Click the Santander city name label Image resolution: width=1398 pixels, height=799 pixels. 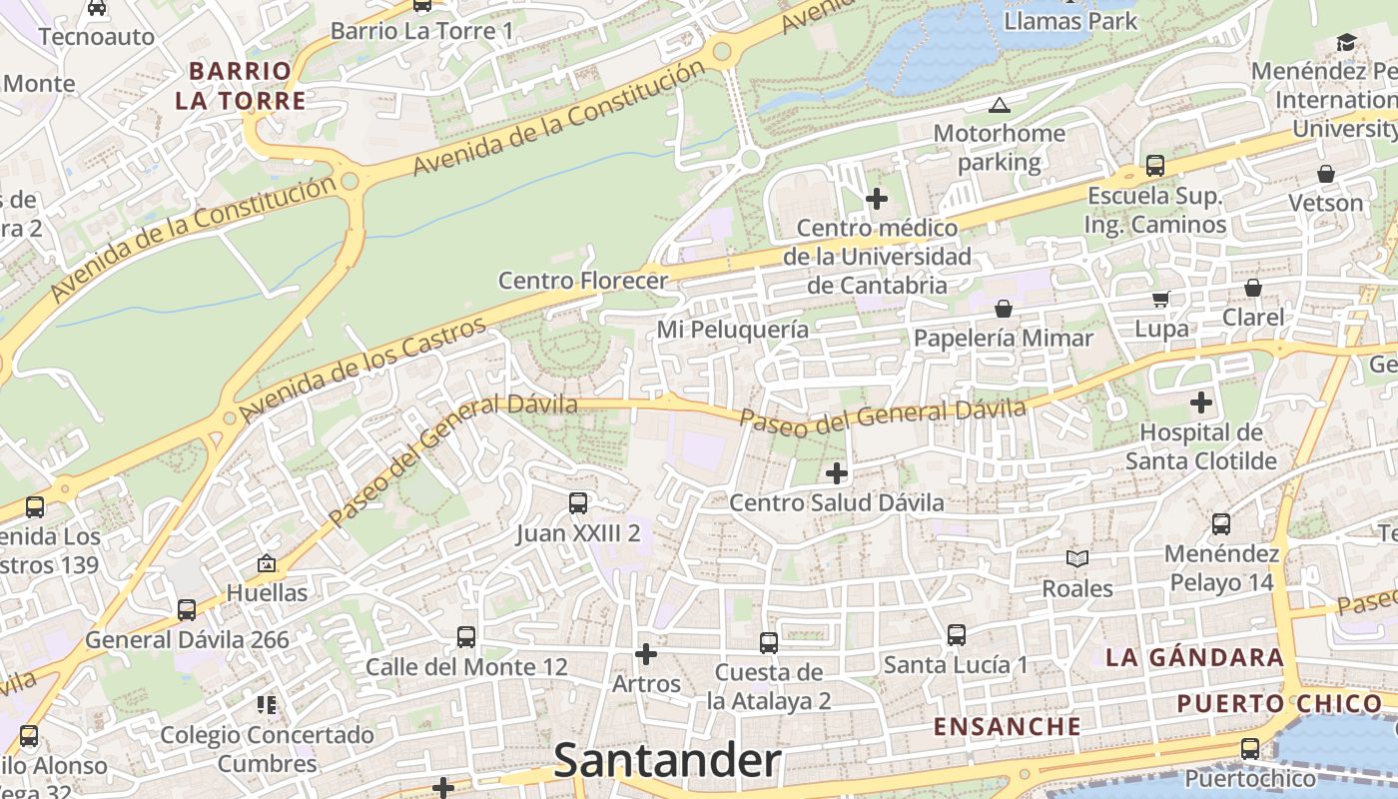(667, 761)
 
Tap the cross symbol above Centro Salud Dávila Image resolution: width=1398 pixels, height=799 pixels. (837, 472)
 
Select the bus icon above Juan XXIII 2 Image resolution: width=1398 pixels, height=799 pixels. (578, 502)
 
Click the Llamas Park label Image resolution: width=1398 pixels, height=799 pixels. (1070, 20)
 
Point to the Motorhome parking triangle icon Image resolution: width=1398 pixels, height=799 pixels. (999, 105)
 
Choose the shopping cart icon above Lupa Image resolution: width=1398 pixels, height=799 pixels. (1161, 299)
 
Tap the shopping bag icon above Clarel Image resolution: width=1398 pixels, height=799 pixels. (1253, 288)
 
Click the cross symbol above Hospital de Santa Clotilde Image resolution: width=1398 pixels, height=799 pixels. (1201, 402)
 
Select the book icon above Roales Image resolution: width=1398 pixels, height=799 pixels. (1076, 558)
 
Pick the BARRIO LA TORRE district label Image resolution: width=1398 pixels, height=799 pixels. (241, 86)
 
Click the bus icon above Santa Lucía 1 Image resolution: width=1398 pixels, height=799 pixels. (956, 634)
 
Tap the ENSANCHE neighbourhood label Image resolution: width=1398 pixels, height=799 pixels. (1008, 726)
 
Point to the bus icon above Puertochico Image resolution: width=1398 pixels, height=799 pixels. (1249, 748)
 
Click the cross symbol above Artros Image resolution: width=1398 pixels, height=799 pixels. (646, 654)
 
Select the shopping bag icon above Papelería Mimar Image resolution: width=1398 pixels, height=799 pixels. (1004, 309)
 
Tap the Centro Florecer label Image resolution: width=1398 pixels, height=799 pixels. (582, 281)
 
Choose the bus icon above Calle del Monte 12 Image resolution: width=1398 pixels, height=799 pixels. (466, 636)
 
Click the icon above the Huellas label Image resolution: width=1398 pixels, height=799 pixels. (267, 563)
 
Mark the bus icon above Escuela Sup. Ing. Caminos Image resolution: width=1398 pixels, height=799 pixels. (1155, 165)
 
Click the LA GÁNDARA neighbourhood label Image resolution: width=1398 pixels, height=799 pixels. (1194, 657)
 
